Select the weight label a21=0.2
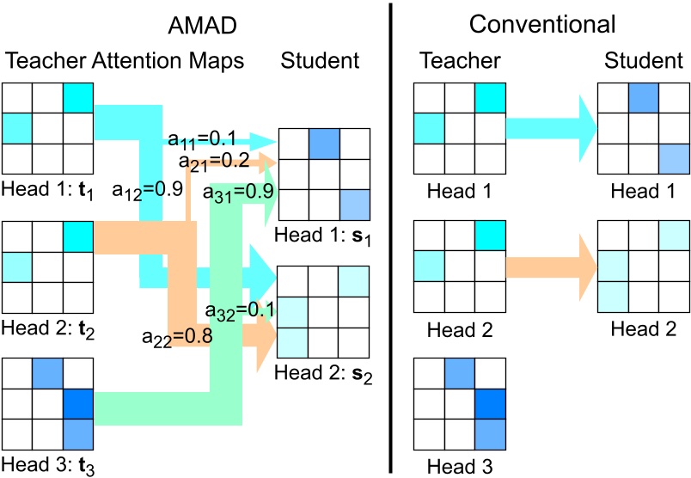pos(215,160)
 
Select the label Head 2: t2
pos(46,328)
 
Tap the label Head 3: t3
pos(46,465)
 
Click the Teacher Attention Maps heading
pos(125,61)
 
